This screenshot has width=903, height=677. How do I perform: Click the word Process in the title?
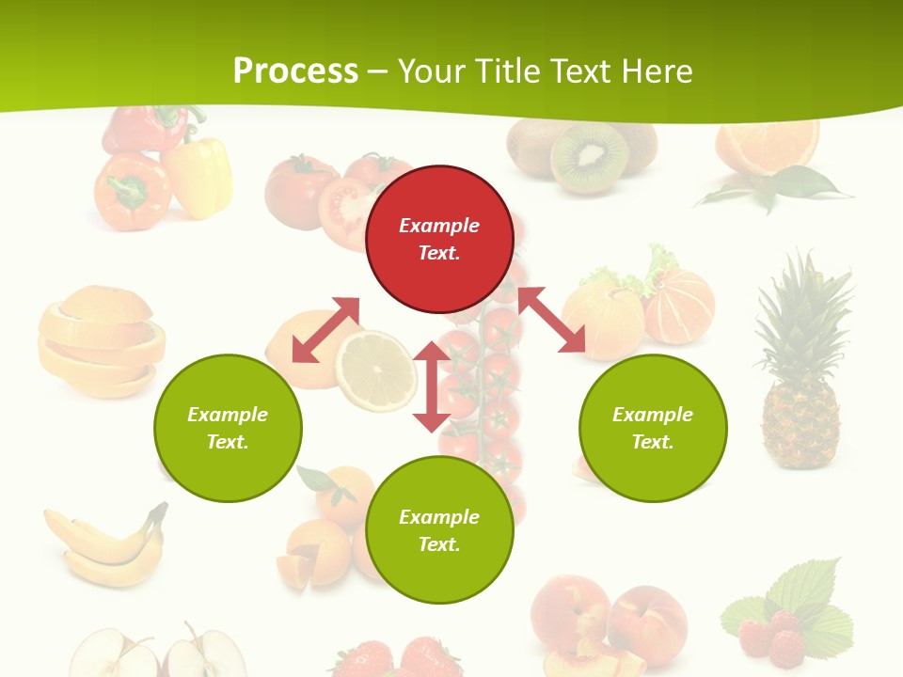click(295, 71)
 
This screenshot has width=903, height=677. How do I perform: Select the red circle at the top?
click(439, 239)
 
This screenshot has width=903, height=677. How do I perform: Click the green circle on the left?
click(228, 428)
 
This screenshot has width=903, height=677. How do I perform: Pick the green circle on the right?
click(653, 428)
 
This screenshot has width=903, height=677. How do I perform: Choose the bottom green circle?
click(439, 529)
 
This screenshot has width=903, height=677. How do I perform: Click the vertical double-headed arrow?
click(432, 386)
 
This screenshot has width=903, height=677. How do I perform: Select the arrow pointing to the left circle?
click(325, 330)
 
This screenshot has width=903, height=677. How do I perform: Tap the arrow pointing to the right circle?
click(551, 320)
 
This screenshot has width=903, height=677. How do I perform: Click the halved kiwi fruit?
click(589, 157)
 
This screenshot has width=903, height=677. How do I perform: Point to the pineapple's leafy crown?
click(804, 301)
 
